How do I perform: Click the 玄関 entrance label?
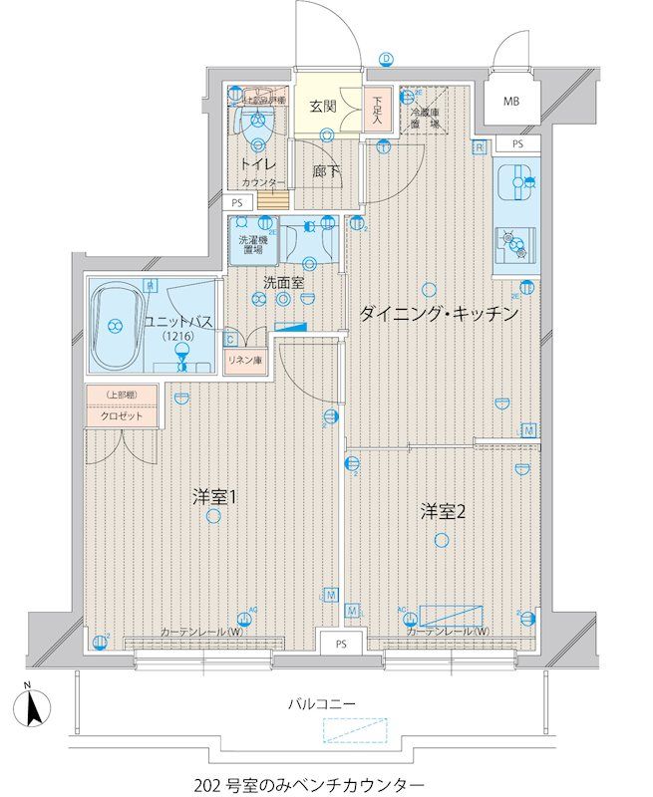pos(322,106)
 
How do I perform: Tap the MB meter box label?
pos(510,102)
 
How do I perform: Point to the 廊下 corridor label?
pos(326,172)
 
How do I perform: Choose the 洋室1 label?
pos(213,495)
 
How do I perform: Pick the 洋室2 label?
pos(443,512)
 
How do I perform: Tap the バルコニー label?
pos(322,702)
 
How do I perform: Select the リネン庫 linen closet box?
pos(244,360)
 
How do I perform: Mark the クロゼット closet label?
pos(122,415)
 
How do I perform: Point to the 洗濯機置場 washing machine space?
pos(253,245)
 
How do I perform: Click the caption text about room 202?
pos(314,784)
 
